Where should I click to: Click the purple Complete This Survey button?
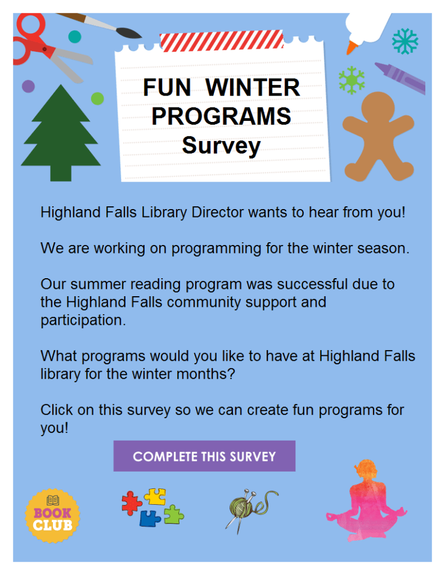(x=204, y=456)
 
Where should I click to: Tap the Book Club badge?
(x=52, y=515)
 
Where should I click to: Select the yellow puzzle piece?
(x=155, y=496)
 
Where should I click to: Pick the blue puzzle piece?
(x=150, y=518)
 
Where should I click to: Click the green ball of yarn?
(x=241, y=507)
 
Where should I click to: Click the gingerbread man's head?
(x=378, y=107)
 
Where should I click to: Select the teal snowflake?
(x=405, y=41)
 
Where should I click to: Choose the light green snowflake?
(x=352, y=80)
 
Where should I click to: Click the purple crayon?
(x=400, y=78)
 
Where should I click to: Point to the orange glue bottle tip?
(x=352, y=48)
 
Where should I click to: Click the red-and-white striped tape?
(x=222, y=40)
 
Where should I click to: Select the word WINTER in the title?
(x=253, y=88)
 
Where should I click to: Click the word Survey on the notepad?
(x=222, y=146)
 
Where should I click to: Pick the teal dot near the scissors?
(x=74, y=37)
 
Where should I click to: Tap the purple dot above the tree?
(x=28, y=87)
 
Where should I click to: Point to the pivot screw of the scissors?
(x=44, y=49)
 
